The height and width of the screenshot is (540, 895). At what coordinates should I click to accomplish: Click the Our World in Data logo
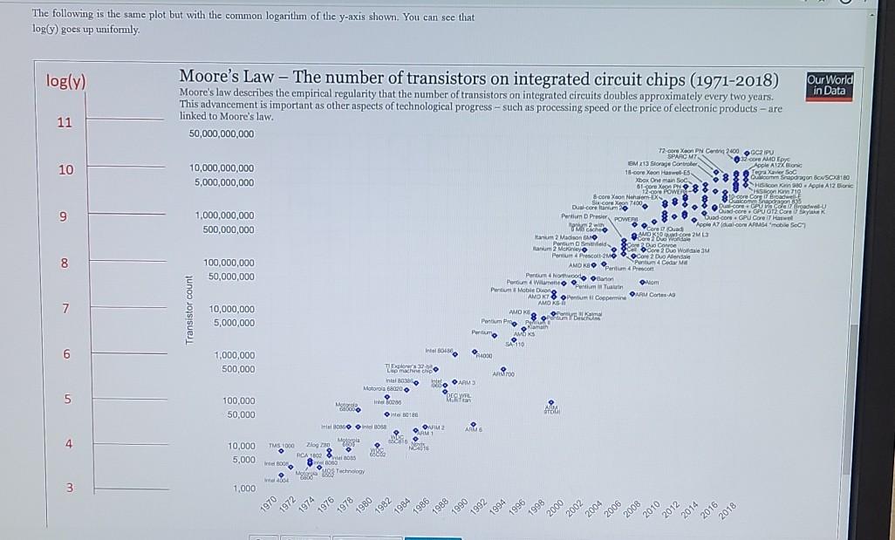[x=830, y=84]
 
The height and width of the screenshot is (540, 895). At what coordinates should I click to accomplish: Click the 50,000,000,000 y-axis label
[x=222, y=133]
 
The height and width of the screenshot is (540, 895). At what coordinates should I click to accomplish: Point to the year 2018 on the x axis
[x=729, y=509]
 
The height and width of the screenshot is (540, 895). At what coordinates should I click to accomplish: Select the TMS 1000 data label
[x=282, y=444]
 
